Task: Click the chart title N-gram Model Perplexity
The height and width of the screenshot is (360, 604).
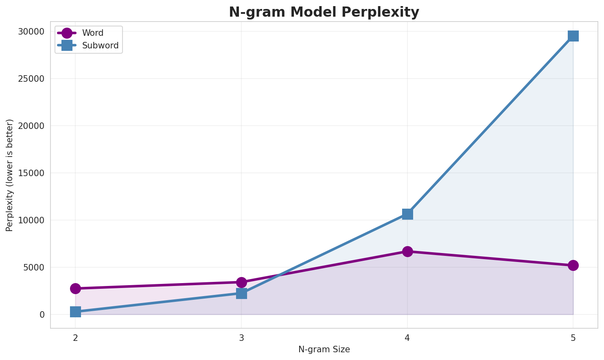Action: click(324, 12)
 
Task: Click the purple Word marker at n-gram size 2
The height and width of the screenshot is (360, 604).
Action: click(75, 288)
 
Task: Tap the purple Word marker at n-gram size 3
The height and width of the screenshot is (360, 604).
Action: click(241, 282)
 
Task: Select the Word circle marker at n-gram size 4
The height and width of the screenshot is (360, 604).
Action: click(407, 251)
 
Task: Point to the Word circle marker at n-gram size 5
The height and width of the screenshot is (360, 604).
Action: click(573, 265)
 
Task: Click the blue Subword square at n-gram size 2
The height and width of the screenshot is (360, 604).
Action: click(75, 312)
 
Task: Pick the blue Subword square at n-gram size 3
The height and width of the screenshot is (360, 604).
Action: click(241, 293)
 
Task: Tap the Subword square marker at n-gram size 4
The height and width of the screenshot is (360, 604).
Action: click(407, 214)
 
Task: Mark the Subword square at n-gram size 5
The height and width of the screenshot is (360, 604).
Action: click(573, 36)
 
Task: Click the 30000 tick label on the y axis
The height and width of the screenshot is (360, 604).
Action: click(31, 32)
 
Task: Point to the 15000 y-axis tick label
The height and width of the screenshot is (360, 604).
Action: click(31, 173)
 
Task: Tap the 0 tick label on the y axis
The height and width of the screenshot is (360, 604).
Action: click(42, 315)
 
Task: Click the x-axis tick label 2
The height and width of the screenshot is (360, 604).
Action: click(75, 338)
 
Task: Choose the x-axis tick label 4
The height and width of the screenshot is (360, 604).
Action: click(407, 338)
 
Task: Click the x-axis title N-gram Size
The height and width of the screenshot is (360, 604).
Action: click(324, 349)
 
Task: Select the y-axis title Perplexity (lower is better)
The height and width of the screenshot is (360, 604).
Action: click(10, 175)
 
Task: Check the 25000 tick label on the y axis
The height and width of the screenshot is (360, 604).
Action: click(31, 79)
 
